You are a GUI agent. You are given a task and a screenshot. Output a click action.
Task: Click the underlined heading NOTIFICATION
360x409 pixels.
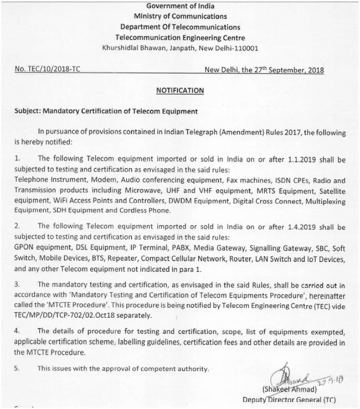(180, 90)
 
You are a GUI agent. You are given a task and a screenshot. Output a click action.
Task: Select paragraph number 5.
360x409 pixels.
(18, 367)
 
